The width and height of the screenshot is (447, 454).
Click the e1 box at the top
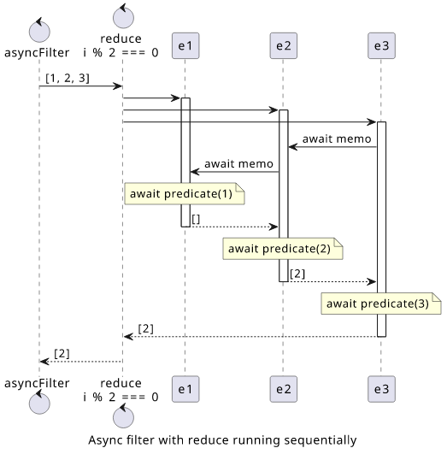(185, 46)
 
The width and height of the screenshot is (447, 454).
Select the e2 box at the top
(284, 46)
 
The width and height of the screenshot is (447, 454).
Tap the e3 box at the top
(381, 46)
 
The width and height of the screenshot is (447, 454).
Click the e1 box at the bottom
(185, 389)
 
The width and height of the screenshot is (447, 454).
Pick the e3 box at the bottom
(381, 389)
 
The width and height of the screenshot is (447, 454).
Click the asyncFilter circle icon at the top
(39, 30)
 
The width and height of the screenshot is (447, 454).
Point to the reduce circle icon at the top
(123, 16)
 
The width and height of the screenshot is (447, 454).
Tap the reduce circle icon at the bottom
(123, 416)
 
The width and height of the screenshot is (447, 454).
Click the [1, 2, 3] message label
(68, 78)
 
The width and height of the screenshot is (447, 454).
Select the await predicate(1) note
(185, 194)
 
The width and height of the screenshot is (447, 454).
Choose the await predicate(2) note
(283, 249)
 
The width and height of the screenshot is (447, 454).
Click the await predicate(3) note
(381, 304)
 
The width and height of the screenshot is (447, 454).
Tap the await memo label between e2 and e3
(337, 139)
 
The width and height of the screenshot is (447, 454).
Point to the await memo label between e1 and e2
(238, 164)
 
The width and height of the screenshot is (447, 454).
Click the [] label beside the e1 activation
(196, 219)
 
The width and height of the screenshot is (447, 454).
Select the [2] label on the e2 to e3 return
(297, 274)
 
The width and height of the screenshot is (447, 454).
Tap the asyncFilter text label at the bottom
(37, 383)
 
